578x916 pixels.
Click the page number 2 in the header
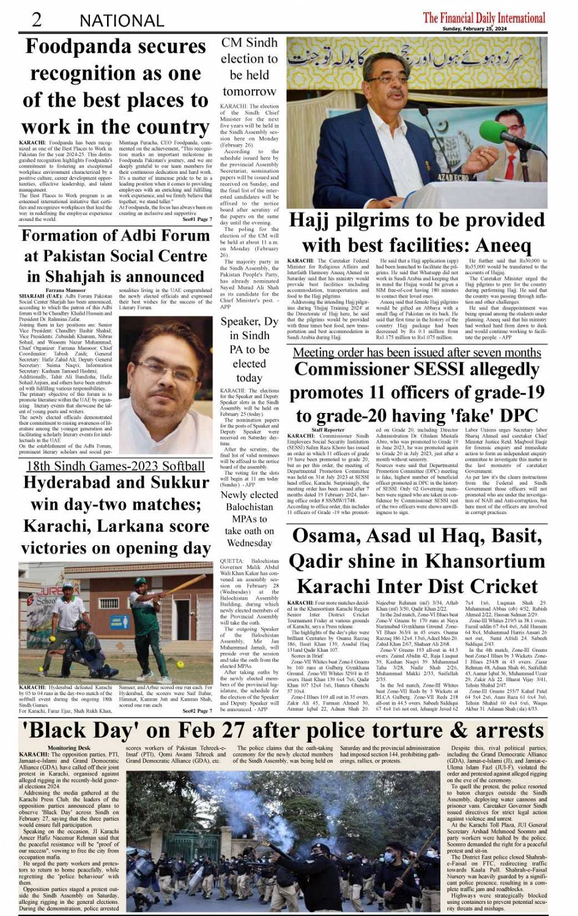[36, 20]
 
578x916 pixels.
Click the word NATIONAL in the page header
[122, 21]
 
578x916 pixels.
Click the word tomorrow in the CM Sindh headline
[249, 91]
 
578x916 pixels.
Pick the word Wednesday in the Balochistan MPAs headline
[249, 543]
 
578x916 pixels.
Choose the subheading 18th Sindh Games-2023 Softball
[115, 466]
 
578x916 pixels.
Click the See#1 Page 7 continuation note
[197, 219]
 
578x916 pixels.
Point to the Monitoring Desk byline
[69, 748]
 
